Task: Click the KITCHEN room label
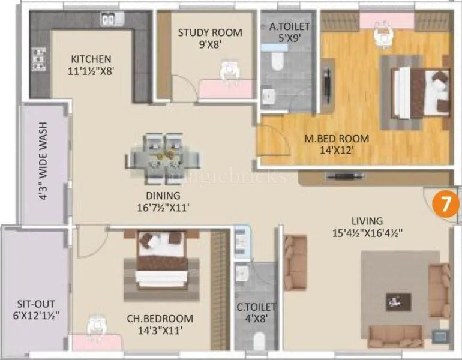click(x=91, y=59)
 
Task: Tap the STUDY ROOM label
click(x=209, y=32)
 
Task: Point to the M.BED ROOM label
click(x=336, y=139)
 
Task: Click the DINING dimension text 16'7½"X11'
click(x=163, y=208)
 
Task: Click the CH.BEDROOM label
click(x=160, y=319)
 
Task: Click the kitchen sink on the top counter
click(x=111, y=20)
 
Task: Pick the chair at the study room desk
click(x=227, y=70)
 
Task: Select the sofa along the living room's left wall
click(x=295, y=262)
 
